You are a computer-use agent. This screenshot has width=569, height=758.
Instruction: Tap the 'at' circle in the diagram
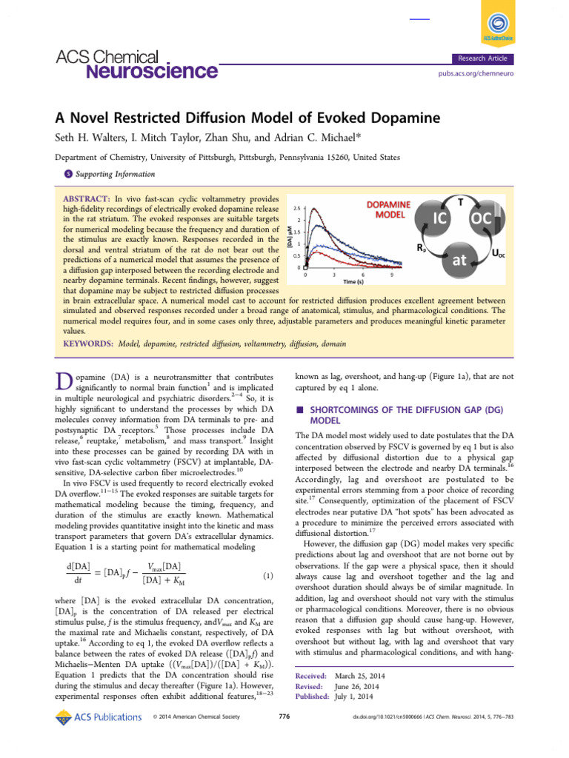click(x=457, y=260)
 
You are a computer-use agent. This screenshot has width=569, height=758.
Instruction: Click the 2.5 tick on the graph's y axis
click(x=296, y=208)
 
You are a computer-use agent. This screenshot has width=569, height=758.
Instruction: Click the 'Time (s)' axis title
click(x=353, y=281)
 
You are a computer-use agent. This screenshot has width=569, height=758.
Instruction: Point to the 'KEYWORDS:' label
click(x=87, y=344)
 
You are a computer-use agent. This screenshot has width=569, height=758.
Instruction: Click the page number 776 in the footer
click(x=284, y=717)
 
